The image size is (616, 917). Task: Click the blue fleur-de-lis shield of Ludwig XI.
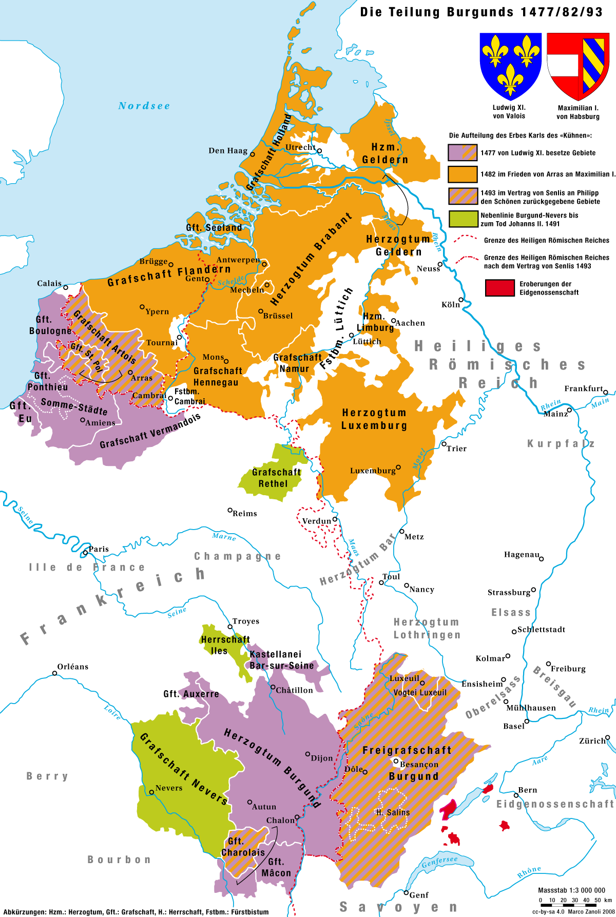(510, 66)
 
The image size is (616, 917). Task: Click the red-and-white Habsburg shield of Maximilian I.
(578, 66)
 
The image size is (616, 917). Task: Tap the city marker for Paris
(85, 553)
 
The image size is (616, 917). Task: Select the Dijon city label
(322, 758)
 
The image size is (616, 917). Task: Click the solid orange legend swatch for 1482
(462, 174)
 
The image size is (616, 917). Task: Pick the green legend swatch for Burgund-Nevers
(462, 219)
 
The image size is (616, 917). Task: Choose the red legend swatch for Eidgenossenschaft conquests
(499, 288)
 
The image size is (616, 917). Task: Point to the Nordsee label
(144, 106)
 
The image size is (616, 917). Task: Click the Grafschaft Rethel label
(276, 478)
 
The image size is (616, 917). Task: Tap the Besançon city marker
(396, 761)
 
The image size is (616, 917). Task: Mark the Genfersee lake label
(439, 862)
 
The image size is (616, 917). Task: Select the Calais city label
(49, 283)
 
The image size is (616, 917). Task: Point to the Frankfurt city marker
(605, 393)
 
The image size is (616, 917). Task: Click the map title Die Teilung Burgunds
(481, 12)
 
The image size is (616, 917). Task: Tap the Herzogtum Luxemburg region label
(374, 419)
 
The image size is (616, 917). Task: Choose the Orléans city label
(73, 667)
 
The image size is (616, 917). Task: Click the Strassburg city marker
(533, 590)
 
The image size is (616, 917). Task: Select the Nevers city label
(169, 788)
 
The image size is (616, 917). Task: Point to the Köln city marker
(461, 300)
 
